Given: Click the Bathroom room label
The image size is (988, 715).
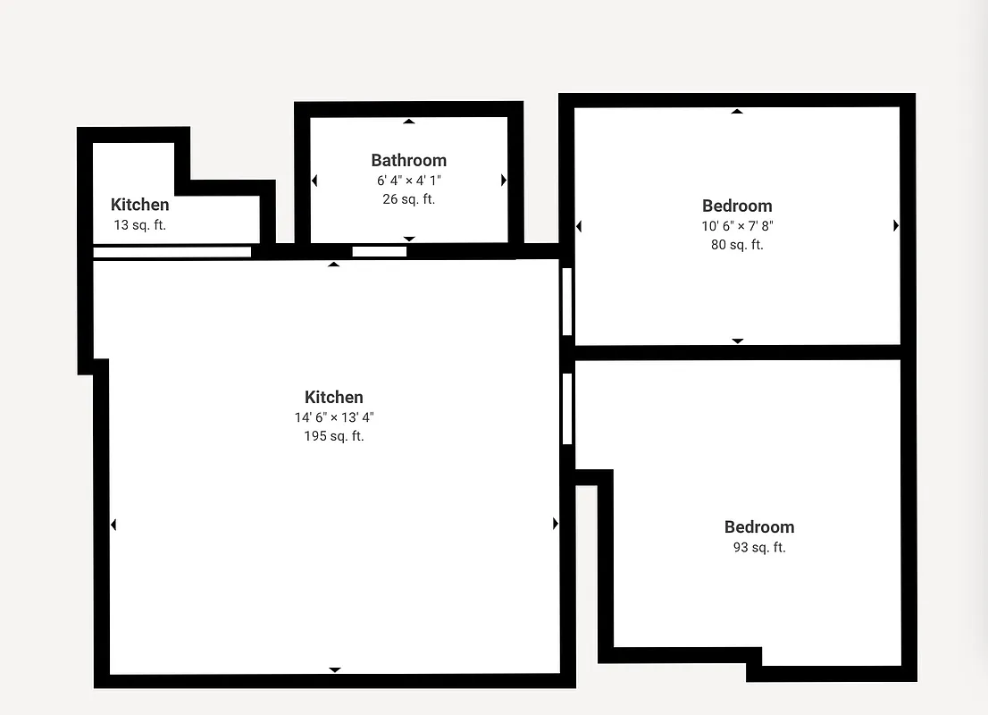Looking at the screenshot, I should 408,160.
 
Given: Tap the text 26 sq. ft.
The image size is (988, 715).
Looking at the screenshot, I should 408,199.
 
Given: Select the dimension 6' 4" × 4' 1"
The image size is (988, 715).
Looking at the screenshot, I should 408,181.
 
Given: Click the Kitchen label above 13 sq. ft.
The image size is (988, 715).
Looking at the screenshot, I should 139,205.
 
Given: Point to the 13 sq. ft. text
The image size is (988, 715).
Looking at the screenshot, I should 139,225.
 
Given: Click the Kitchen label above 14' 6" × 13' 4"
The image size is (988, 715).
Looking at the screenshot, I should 333,397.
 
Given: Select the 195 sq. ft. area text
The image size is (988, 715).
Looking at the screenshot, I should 333,436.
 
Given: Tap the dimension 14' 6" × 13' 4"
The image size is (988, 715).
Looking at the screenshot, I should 333,417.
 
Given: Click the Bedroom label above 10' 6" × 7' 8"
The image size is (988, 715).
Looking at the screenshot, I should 736,206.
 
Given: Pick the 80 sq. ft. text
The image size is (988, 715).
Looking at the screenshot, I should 736,245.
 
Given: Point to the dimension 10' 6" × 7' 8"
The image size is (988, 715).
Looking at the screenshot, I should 736,226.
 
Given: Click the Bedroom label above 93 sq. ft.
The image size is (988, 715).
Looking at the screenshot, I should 758,526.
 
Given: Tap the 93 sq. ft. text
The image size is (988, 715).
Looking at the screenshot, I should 758,548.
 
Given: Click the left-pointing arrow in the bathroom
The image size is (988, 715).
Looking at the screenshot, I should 314,181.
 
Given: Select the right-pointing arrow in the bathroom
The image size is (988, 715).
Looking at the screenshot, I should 504,181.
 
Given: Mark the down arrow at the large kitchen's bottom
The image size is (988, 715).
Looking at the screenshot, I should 335,669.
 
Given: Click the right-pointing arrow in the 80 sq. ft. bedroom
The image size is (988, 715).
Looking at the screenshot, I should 896,226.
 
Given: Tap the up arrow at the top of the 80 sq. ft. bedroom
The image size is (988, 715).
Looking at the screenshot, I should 737,112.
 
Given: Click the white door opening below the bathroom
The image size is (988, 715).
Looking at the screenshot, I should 379,251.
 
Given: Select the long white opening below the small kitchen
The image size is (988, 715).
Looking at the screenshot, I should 172,252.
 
